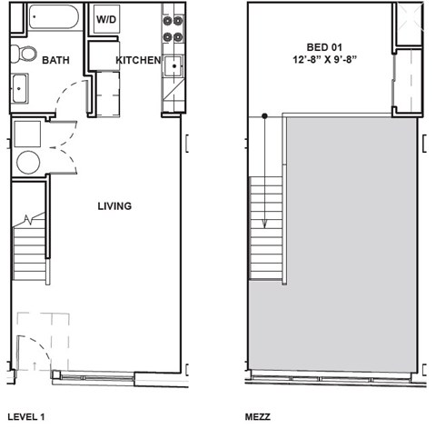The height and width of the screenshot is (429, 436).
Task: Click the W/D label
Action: tap(106, 18)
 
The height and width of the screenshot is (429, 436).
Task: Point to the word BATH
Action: tap(56, 61)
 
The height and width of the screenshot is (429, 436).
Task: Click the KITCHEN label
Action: tap(138, 61)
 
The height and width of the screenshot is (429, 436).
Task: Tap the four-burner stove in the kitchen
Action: tap(172, 27)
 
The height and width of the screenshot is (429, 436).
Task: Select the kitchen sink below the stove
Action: tap(173, 66)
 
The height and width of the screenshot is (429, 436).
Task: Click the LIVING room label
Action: tap(114, 206)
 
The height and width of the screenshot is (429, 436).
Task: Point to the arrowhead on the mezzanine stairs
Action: tap(264, 223)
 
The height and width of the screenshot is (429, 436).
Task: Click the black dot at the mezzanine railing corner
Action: tap(264, 115)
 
